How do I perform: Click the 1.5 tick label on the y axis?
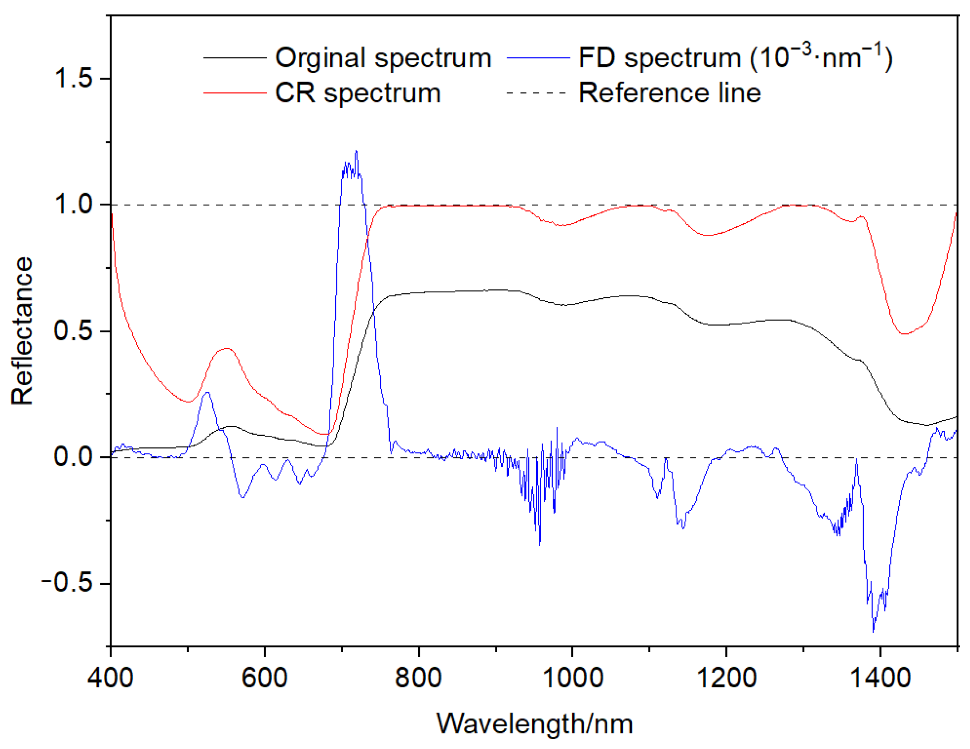pyautogui.click(x=73, y=79)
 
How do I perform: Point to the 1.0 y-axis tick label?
pyautogui.click(x=73, y=205)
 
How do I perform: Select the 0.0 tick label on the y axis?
pyautogui.click(x=73, y=457)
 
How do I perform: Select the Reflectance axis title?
pyautogui.click(x=22, y=331)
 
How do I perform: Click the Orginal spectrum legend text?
pyautogui.click(x=383, y=58)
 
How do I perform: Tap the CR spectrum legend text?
pyautogui.click(x=357, y=93)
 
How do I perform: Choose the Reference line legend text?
pyautogui.click(x=669, y=93)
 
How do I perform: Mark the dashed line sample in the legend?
pyautogui.click(x=536, y=93)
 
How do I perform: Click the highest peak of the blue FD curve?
pyautogui.click(x=356, y=152)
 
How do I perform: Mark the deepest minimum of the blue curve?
pyautogui.click(x=873, y=631)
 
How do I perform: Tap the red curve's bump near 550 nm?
pyautogui.click(x=227, y=348)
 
